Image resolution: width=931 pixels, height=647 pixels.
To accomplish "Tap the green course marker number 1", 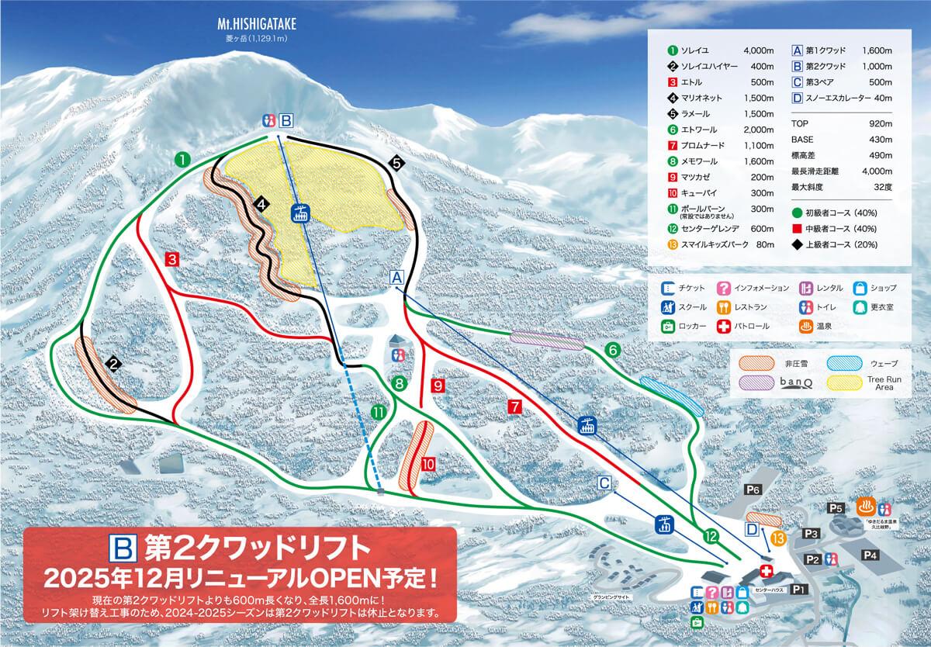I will pyautogui.click(x=183, y=160).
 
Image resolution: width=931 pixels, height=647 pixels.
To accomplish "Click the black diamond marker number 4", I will pyautogui.click(x=262, y=205).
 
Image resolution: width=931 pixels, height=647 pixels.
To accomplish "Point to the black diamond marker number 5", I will pyautogui.click(x=397, y=163).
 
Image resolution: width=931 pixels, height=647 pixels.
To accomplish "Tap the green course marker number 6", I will pyautogui.click(x=613, y=351).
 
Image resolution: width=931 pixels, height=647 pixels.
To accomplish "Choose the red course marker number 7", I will pyautogui.click(x=513, y=405).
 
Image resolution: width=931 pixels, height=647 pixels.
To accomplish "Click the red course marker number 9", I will pyautogui.click(x=438, y=386).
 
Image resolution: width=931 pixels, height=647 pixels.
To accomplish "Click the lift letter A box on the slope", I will pyautogui.click(x=397, y=277).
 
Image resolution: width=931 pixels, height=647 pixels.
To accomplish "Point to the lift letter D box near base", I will pyautogui.click(x=752, y=529).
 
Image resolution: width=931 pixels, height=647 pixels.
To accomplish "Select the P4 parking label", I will pyautogui.click(x=870, y=555).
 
